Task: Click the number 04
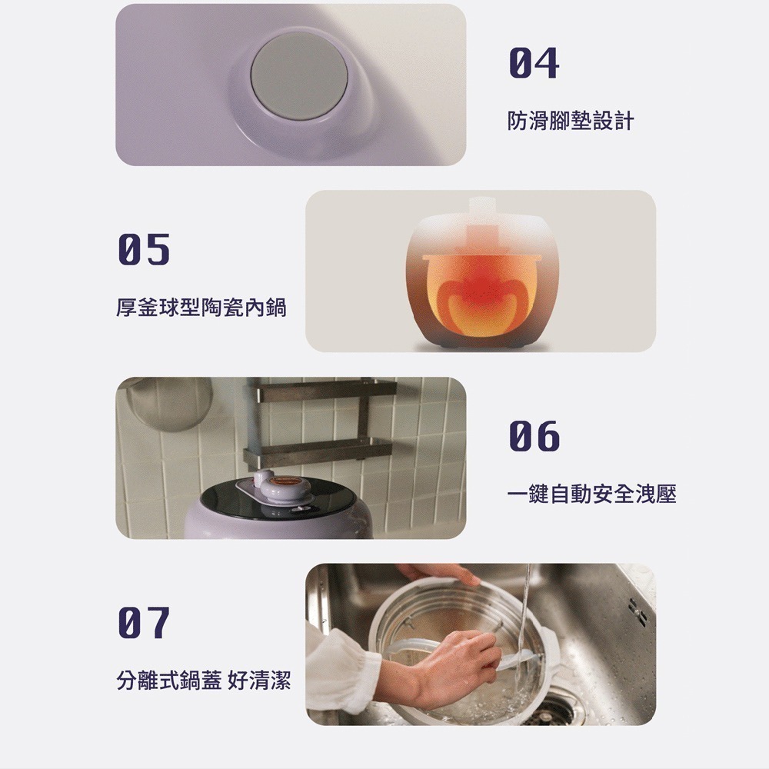(x=534, y=63)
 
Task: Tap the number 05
(x=144, y=250)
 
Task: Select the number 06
(x=534, y=437)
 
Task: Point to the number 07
(x=144, y=624)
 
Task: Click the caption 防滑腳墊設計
(x=571, y=121)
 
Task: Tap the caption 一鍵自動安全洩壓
(x=592, y=494)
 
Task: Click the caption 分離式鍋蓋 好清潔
(x=203, y=681)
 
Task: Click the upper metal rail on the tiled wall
(x=323, y=391)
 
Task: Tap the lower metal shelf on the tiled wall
(x=319, y=449)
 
